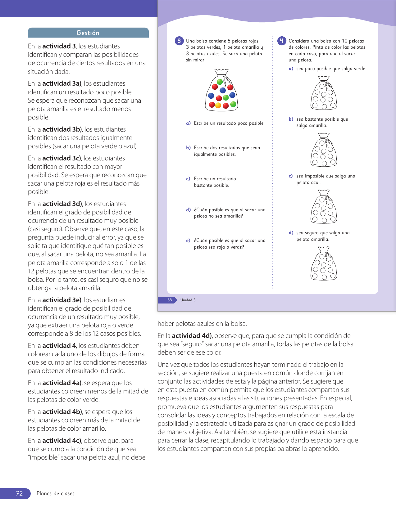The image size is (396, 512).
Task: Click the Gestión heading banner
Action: (x=88, y=33)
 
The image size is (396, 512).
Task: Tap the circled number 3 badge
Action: (x=179, y=41)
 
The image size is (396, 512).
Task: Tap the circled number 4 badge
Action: (x=282, y=41)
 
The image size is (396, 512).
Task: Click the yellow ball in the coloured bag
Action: (x=218, y=106)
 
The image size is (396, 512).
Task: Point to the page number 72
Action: (x=19, y=493)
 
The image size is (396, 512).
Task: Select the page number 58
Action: (x=170, y=300)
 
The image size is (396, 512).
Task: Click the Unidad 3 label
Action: (x=188, y=300)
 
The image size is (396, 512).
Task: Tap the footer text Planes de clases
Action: (x=56, y=493)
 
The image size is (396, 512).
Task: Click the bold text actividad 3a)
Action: (x=62, y=83)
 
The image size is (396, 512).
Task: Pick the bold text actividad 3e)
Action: (x=62, y=300)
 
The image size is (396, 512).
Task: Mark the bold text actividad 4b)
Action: (x=62, y=412)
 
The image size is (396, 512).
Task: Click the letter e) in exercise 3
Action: (x=188, y=240)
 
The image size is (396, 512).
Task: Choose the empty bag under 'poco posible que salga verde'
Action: (x=324, y=93)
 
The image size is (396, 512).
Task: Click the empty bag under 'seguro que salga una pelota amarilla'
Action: (x=324, y=263)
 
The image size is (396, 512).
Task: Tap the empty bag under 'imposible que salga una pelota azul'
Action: (x=324, y=207)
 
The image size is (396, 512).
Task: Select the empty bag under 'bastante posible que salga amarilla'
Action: (x=324, y=150)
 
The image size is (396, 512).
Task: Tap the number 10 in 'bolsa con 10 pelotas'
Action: (x=345, y=41)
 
